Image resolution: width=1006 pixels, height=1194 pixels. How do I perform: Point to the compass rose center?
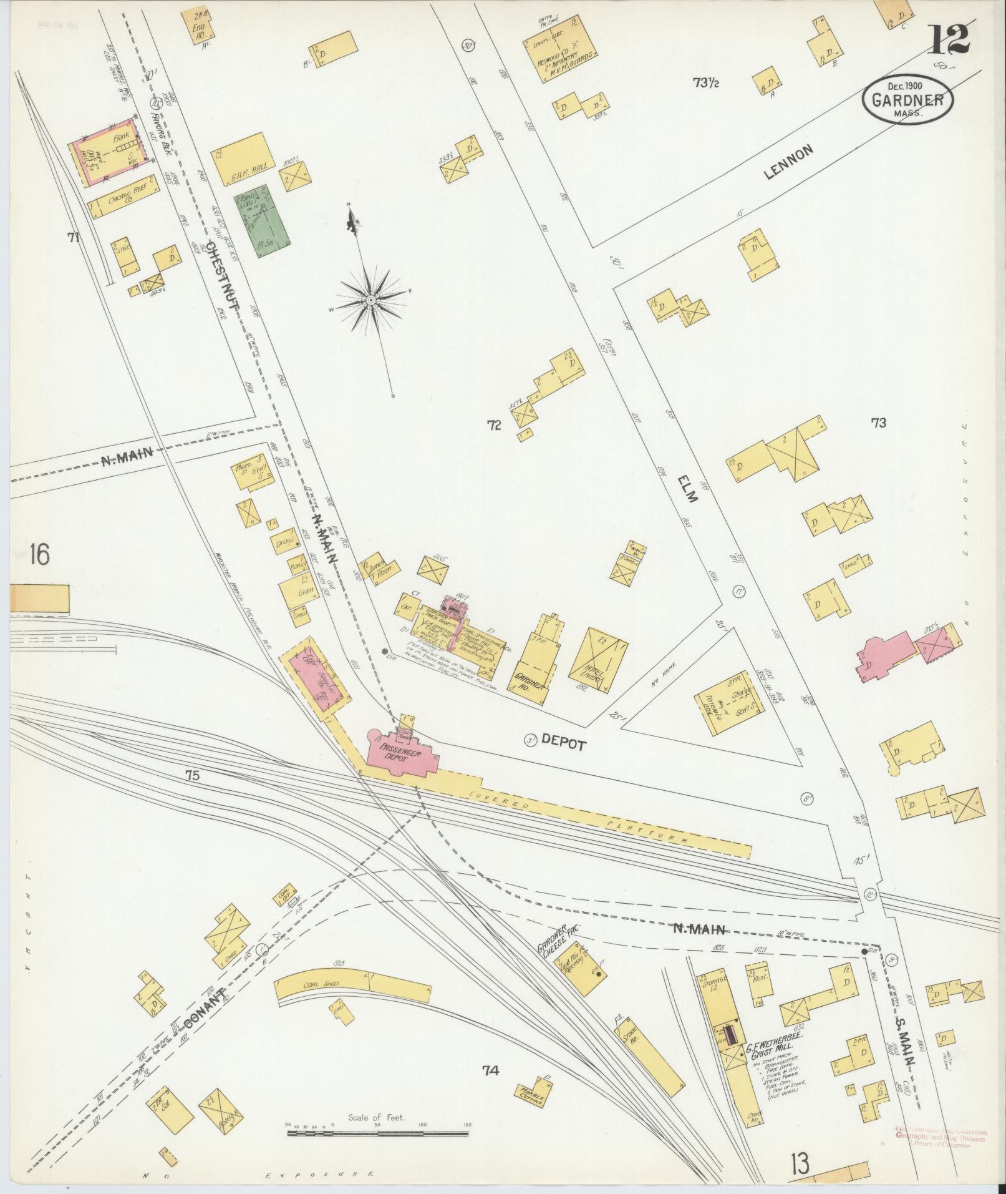[x=371, y=301]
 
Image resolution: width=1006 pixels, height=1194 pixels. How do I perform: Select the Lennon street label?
[x=790, y=163]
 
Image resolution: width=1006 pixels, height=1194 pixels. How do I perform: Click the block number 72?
[x=495, y=426]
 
